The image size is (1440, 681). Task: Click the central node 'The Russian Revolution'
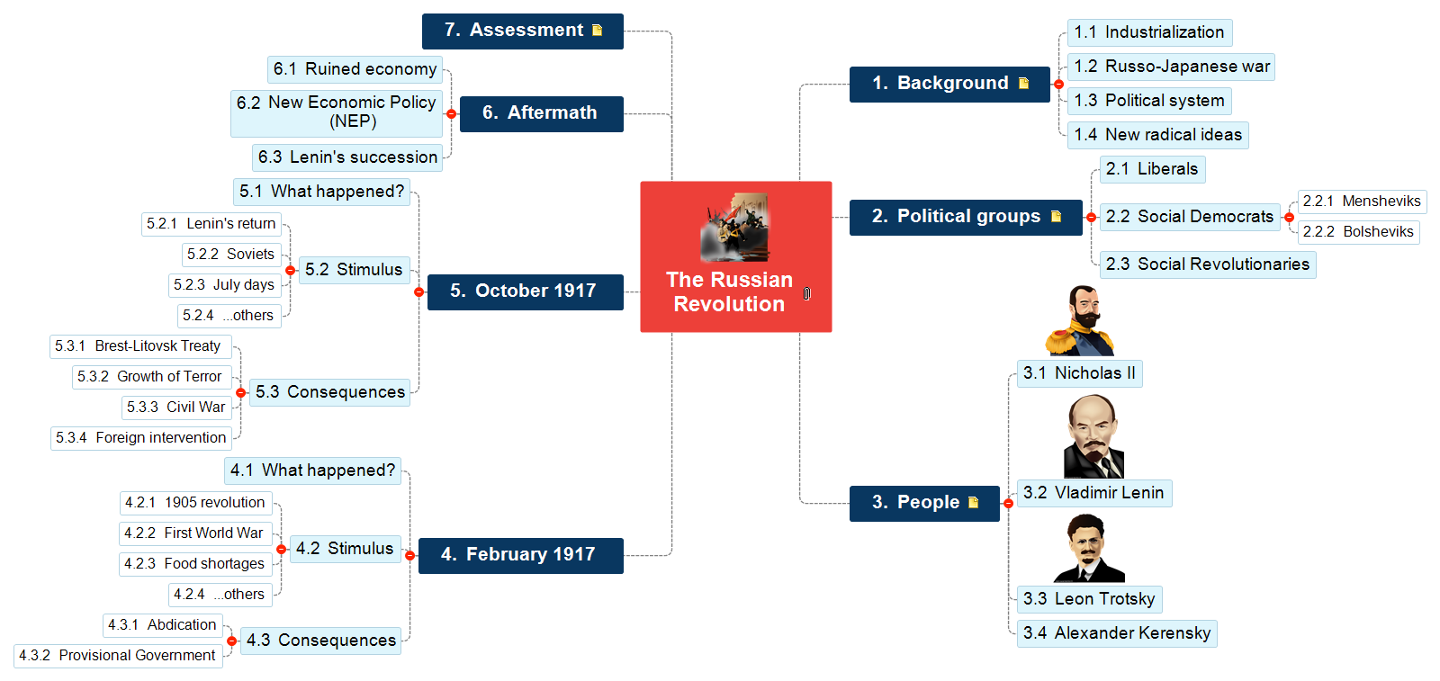(x=735, y=256)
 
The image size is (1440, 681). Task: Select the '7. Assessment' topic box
(x=523, y=31)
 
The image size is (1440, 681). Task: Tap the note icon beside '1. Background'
(x=1023, y=83)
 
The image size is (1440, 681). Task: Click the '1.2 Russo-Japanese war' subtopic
(x=1171, y=67)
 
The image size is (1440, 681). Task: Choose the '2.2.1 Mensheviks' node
(x=1362, y=202)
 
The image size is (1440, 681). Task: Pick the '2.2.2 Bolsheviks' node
(x=1358, y=232)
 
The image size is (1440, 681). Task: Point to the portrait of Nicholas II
(x=1080, y=321)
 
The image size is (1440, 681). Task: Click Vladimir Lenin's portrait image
(x=1093, y=436)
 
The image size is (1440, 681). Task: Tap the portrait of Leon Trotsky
(x=1089, y=548)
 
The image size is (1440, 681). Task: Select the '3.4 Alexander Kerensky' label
(x=1117, y=633)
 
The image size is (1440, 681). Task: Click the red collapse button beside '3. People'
(x=1008, y=504)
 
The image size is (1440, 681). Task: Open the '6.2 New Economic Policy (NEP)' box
(x=337, y=113)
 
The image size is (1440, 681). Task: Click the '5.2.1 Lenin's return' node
(x=211, y=224)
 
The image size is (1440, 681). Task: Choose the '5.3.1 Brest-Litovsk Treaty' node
(x=140, y=346)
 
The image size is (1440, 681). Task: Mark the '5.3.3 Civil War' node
(x=176, y=408)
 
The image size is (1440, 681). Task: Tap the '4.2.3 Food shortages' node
(x=195, y=564)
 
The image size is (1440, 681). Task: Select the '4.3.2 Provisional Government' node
(x=118, y=656)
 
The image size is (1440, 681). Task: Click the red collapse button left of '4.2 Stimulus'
(x=281, y=550)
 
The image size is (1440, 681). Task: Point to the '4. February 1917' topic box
(x=521, y=555)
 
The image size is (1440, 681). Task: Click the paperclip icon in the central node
(x=806, y=293)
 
